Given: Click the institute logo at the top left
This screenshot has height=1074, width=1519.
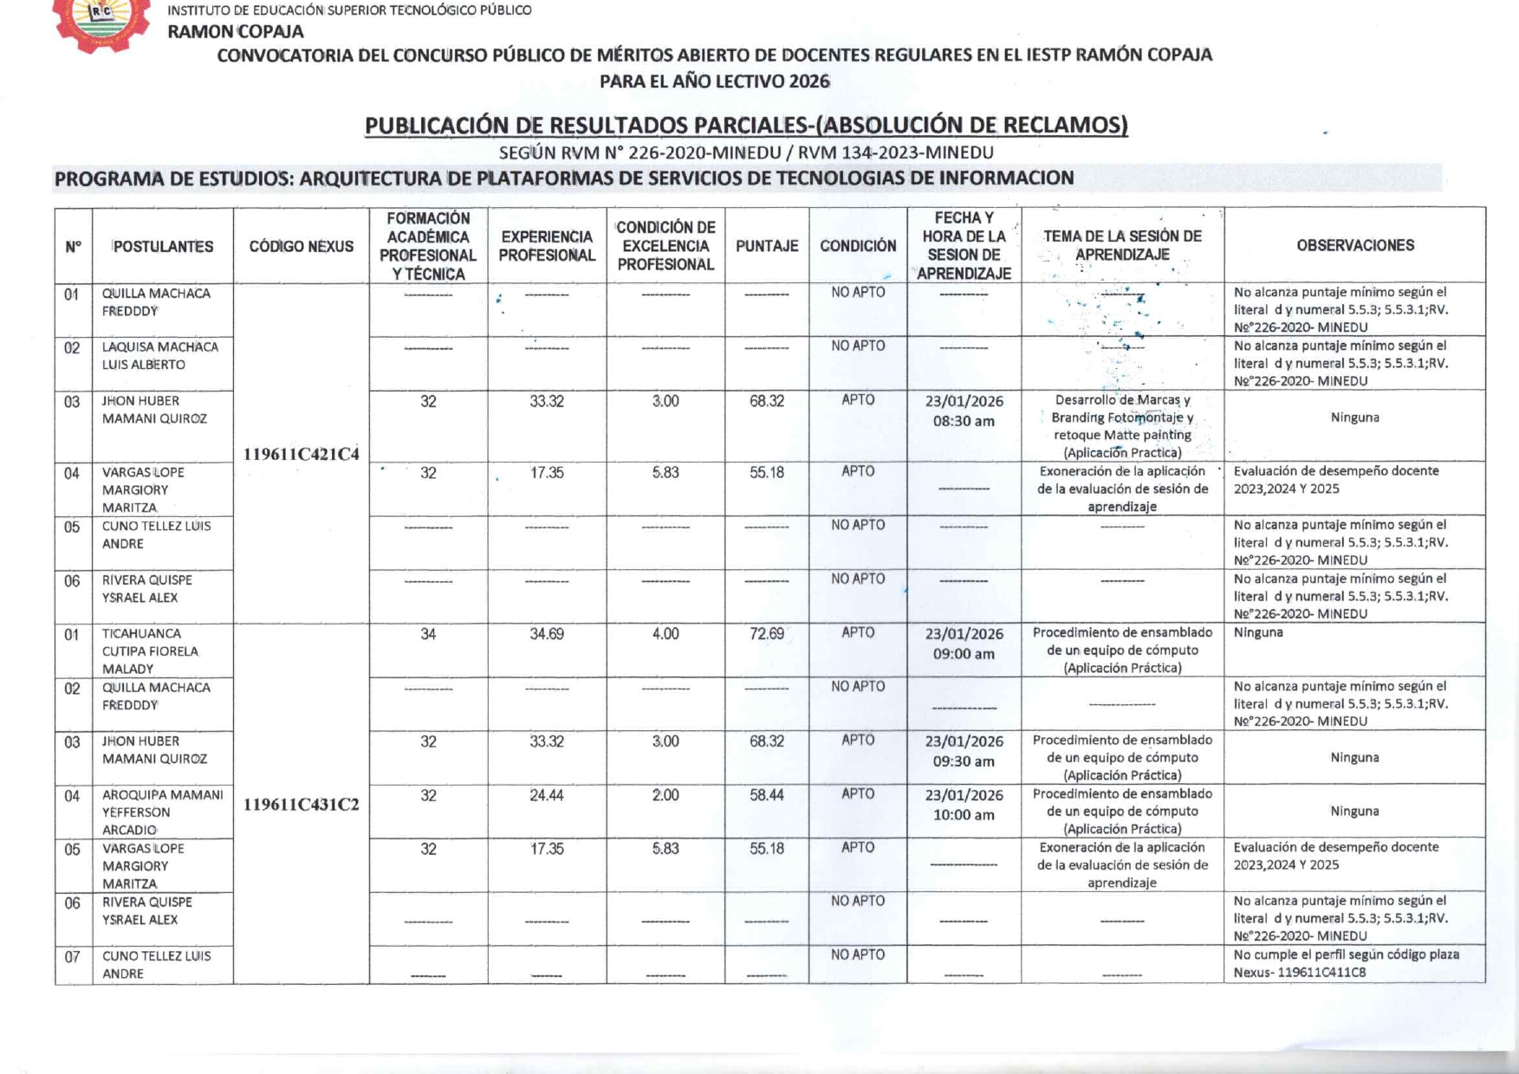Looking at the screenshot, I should click(101, 23).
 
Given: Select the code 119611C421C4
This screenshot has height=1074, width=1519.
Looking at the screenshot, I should click(301, 454).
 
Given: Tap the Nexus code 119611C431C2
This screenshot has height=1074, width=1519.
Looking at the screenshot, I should click(301, 804).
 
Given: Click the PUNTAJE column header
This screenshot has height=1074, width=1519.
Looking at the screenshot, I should click(767, 246).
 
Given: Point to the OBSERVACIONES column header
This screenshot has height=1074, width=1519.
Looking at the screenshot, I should click(1354, 245).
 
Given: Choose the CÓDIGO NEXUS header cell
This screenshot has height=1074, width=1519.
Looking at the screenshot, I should click(301, 246).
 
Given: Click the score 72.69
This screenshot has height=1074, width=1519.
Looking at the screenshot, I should click(767, 634).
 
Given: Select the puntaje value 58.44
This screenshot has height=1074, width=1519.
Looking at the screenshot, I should click(767, 795).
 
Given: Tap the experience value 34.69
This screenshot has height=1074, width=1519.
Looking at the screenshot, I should click(547, 634).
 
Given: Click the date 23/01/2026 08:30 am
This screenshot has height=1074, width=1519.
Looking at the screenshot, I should click(964, 411).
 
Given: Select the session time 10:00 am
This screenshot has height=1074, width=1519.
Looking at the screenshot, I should click(964, 815).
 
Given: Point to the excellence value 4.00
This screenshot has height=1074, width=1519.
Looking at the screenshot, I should click(665, 634).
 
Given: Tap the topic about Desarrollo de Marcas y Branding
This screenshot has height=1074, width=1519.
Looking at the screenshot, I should click(1122, 425).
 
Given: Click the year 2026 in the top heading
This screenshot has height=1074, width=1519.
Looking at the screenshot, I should click(809, 81).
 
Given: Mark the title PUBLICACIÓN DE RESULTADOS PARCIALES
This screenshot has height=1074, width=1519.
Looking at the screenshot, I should click(745, 126).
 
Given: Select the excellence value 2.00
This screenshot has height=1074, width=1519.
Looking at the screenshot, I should click(665, 795).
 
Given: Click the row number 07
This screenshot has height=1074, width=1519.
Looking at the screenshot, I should click(73, 957).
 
